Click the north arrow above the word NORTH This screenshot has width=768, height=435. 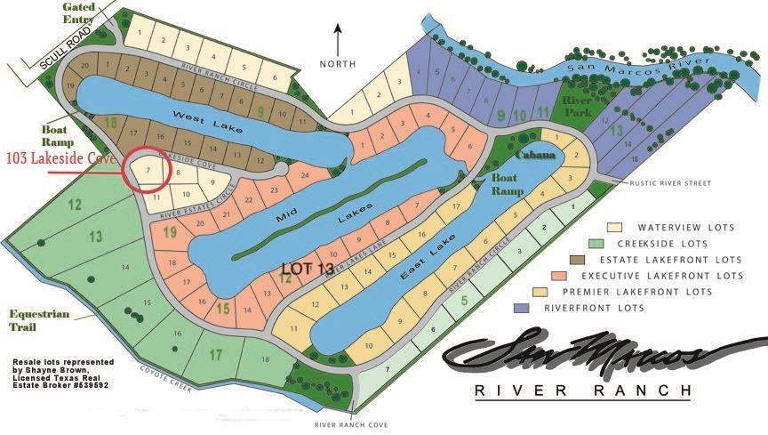[338, 40]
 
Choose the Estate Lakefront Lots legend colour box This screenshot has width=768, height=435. [580, 259]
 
